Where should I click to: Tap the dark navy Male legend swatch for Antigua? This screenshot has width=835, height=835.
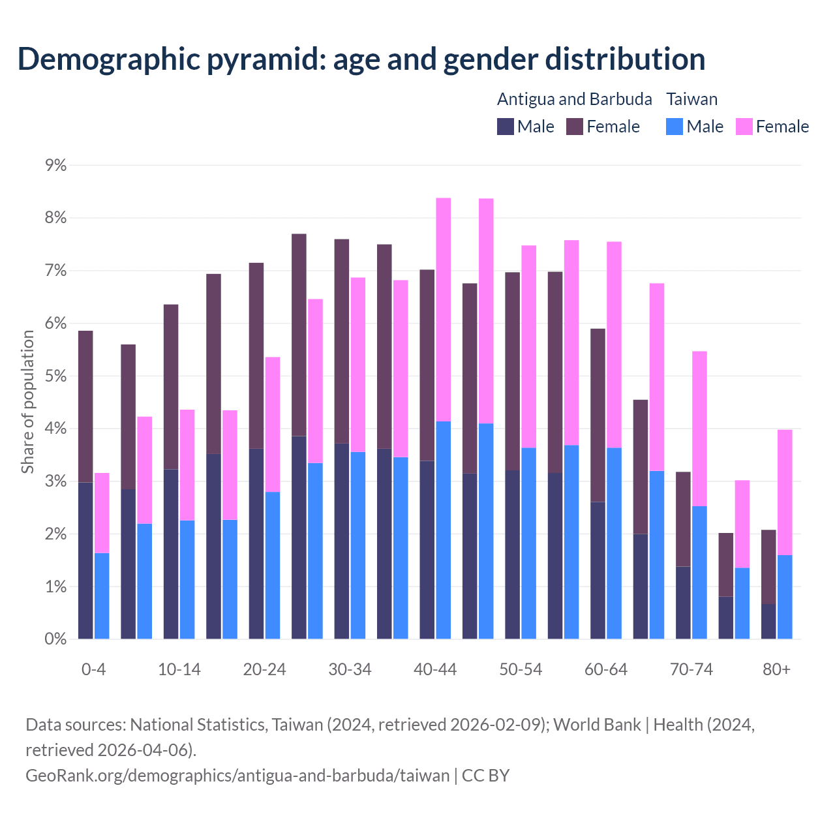(506, 127)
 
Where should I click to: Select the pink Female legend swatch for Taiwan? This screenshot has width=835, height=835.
(744, 127)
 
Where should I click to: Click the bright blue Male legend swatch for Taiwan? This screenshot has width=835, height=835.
(675, 127)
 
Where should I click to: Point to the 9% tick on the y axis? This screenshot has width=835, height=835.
(55, 165)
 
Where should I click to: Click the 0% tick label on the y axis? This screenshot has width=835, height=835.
(55, 639)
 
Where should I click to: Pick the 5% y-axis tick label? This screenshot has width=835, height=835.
(55, 376)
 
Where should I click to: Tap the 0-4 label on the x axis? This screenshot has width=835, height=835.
(93, 669)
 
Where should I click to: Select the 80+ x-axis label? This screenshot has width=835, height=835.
(776, 669)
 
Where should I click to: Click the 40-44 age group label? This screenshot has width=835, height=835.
(435, 669)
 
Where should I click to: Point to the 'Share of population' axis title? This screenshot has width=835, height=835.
(27, 402)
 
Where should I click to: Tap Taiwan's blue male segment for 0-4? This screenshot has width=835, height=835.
(102, 596)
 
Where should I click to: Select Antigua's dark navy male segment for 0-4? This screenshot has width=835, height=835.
(85, 560)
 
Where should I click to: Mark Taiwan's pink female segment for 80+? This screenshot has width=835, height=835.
(785, 492)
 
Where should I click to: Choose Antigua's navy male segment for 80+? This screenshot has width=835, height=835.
(768, 621)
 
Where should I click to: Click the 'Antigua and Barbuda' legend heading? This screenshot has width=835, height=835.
(574, 99)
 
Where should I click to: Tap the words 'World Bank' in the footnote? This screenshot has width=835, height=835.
(597, 725)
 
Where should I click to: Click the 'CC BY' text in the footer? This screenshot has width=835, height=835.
(486, 776)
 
